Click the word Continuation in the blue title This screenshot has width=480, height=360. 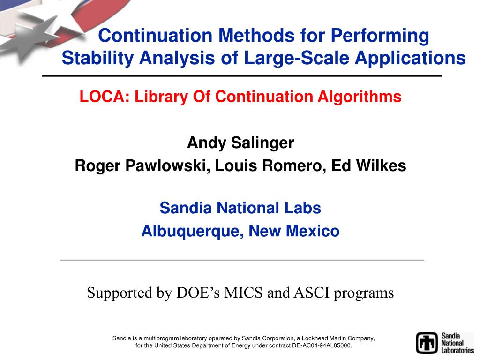[155, 35]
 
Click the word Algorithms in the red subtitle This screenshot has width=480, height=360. [360, 97]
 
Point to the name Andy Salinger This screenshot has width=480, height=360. [240, 142]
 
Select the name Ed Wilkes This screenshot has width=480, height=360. [368, 165]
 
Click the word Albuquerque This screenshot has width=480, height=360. [192, 231]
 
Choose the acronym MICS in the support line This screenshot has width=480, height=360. [243, 292]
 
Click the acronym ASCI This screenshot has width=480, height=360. [311, 292]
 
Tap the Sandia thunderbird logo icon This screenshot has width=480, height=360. [427, 343]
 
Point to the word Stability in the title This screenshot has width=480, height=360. [97, 58]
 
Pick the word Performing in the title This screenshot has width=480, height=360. [380, 36]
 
